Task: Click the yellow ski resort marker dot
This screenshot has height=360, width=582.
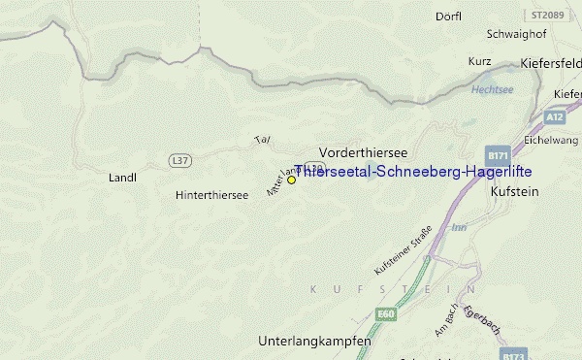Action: pyautogui.click(x=291, y=180)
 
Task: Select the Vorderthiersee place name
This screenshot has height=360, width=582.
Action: pyautogui.click(x=363, y=153)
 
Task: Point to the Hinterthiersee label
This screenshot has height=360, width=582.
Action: pyautogui.click(x=212, y=195)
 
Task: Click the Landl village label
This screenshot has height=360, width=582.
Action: pyautogui.click(x=122, y=178)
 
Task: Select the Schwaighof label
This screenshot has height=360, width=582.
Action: pyautogui.click(x=510, y=34)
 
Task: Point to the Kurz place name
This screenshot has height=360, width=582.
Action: pyautogui.click(x=479, y=61)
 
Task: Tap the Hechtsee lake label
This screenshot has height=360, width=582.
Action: pyautogui.click(x=492, y=89)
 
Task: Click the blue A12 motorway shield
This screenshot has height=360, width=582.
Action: pyautogui.click(x=554, y=116)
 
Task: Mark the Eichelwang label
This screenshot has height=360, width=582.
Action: pyautogui.click(x=550, y=140)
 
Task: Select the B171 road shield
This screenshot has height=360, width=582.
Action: pyautogui.click(x=499, y=156)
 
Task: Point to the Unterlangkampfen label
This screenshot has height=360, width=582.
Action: pyautogui.click(x=314, y=342)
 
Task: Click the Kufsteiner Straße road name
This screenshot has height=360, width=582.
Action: pyautogui.click(x=400, y=255)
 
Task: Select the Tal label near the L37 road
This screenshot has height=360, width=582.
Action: pyautogui.click(x=261, y=140)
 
